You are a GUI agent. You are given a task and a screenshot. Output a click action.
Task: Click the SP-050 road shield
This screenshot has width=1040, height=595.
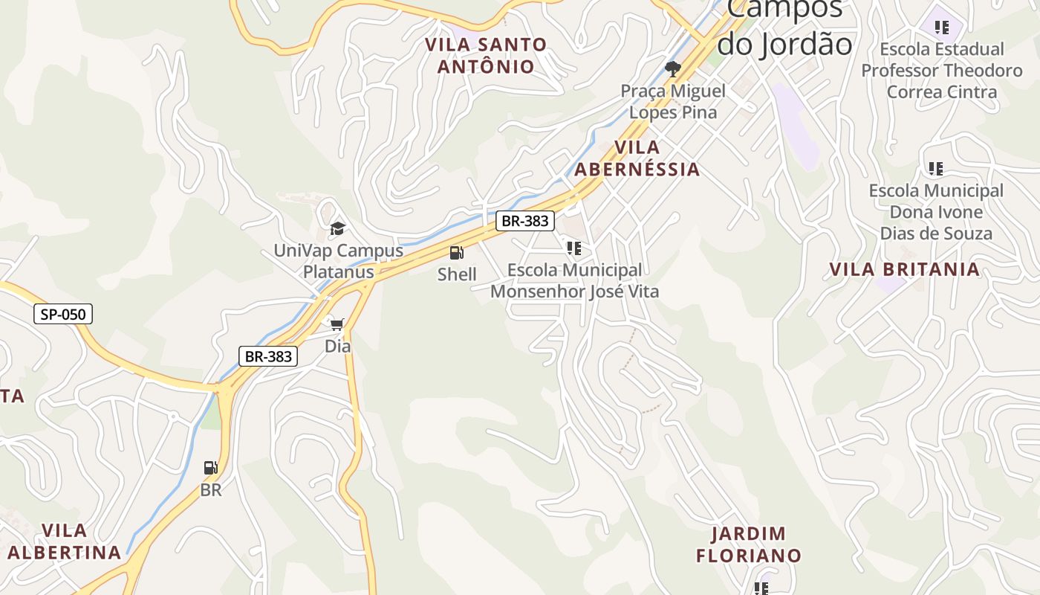click(x=63, y=314)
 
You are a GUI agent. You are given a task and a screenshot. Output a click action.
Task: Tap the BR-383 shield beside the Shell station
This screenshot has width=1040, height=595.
click(x=525, y=220)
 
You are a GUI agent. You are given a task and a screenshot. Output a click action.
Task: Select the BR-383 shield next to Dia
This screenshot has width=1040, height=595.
click(x=268, y=356)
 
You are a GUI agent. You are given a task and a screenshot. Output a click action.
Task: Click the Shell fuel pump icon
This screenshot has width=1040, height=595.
click(x=457, y=253)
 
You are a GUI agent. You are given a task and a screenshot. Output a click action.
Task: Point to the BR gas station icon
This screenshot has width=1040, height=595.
click(x=211, y=468)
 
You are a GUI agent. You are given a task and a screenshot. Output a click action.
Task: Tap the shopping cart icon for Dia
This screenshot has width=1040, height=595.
click(x=337, y=324)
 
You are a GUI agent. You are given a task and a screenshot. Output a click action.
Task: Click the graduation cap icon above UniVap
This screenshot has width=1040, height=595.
click(x=338, y=228)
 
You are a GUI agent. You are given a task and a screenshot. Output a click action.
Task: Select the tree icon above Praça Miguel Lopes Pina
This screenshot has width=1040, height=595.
click(x=673, y=69)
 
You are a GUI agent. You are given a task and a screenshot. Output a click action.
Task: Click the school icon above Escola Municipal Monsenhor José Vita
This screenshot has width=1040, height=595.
click(x=573, y=248)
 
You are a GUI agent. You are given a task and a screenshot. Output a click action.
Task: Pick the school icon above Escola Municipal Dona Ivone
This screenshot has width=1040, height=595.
click(x=936, y=169)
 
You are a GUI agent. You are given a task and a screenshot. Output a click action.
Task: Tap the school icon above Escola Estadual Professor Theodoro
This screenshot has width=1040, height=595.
click(x=942, y=28)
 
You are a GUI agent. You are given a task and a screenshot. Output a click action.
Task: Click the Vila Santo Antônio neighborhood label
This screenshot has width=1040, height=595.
click(x=486, y=56)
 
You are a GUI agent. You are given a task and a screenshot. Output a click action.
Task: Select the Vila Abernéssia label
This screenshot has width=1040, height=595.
click(x=637, y=158)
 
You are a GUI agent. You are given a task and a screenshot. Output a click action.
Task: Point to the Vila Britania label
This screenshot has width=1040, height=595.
click(x=905, y=269)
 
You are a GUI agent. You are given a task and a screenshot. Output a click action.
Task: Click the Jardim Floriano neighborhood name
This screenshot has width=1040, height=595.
click(x=749, y=544)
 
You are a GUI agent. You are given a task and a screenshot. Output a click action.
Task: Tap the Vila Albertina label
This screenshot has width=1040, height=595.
click(x=64, y=541)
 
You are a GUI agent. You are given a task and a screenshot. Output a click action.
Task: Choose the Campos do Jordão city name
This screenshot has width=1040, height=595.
click(x=784, y=27)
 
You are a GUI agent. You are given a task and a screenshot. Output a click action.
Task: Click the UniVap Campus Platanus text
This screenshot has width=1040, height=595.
click(x=338, y=260)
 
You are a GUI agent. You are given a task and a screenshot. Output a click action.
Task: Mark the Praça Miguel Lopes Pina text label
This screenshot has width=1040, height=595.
click(x=673, y=102)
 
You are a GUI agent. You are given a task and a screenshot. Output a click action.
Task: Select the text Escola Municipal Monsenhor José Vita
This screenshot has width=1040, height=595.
click(x=574, y=280)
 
